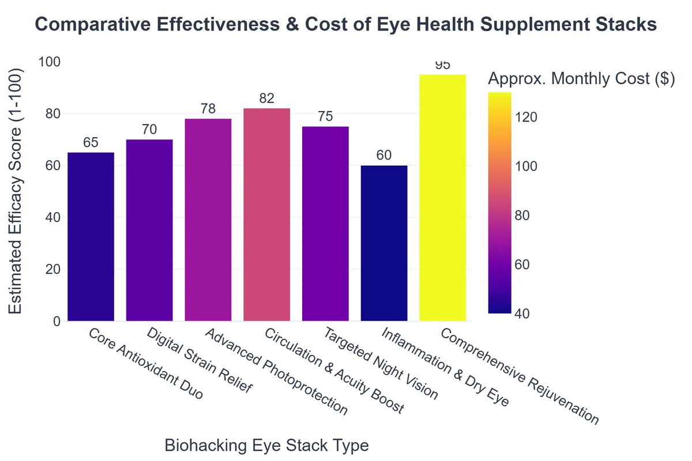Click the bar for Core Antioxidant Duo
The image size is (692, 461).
[91, 236]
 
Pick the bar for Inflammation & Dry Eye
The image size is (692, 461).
[384, 243]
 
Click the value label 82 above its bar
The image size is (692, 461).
[266, 99]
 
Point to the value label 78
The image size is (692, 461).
[208, 109]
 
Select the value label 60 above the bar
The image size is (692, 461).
[384, 156]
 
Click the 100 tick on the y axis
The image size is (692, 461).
[49, 62]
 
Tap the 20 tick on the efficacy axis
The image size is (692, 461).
[52, 269]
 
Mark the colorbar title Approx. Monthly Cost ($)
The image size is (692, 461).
[581, 79]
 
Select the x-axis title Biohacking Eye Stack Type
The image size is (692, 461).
[266, 445]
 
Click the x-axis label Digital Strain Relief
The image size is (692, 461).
[198, 361]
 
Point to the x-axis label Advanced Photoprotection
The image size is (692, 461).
[276, 373]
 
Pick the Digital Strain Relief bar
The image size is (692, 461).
[149, 231]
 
